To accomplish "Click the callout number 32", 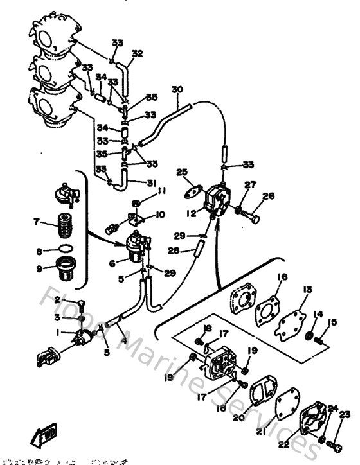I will point(137,53).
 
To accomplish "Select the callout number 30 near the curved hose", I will point(177,89).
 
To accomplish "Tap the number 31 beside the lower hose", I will point(152,183).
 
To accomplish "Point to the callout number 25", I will point(182,172).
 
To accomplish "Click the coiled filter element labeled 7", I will point(63,229).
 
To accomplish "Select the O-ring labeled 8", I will point(63,252).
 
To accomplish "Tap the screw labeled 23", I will point(336,443).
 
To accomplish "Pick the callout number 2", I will point(57,300).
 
